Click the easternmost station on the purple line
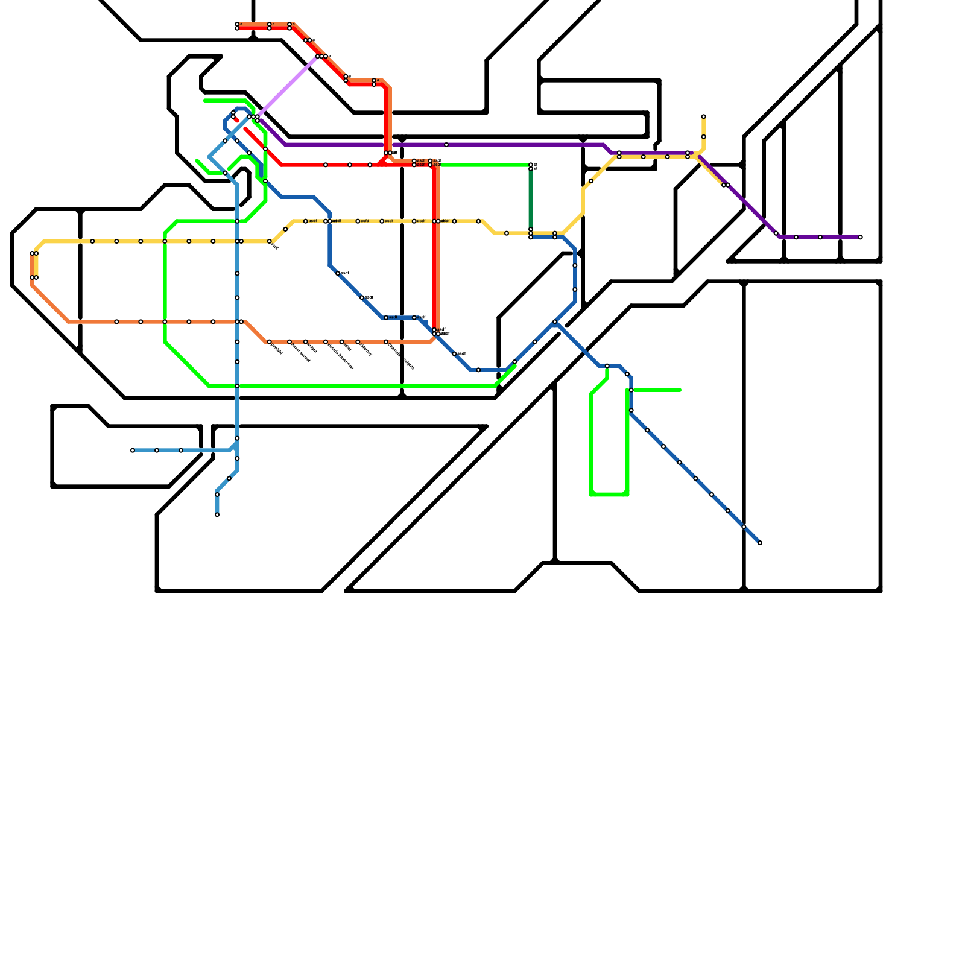pyautogui.click(x=860, y=237)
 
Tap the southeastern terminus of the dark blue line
pyautogui.click(x=759, y=543)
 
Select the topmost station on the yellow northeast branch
pyautogui.click(x=703, y=116)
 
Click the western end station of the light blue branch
pyautogui.click(x=133, y=450)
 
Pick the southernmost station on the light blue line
pyautogui.click(x=217, y=514)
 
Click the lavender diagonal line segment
pyautogui.click(x=289, y=84)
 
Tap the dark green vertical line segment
pyautogui.click(x=531, y=199)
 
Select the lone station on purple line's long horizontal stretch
pyautogui.click(x=446, y=145)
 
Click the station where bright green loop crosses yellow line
pyautogui.click(x=165, y=241)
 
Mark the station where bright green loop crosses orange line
pyautogui.click(x=165, y=321)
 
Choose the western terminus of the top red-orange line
pyautogui.click(x=237, y=26)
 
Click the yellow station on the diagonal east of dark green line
pyautogui.click(x=591, y=181)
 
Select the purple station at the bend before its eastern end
pyautogui.click(x=776, y=233)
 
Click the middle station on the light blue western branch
pyautogui.click(x=157, y=450)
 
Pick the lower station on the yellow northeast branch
pyautogui.click(x=703, y=137)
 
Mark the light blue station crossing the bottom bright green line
pyautogui.click(x=237, y=386)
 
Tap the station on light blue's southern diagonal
pyautogui.click(x=229, y=478)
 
